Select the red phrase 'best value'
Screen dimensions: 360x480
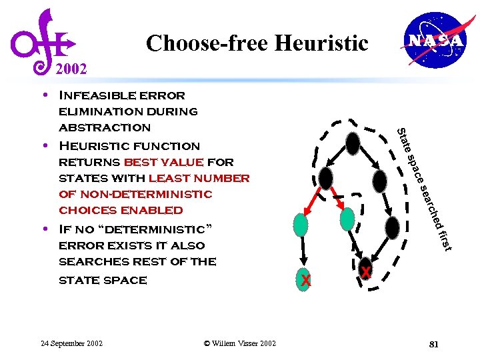tap(163, 162)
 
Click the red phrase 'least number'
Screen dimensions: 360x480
tap(199, 178)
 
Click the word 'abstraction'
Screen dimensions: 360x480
tap(105, 127)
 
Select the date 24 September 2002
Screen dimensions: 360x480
tap(72, 343)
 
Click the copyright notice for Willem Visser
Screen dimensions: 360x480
tap(239, 343)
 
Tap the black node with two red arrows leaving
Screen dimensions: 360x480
tap(325, 177)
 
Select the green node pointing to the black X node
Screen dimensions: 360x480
tap(347, 219)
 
